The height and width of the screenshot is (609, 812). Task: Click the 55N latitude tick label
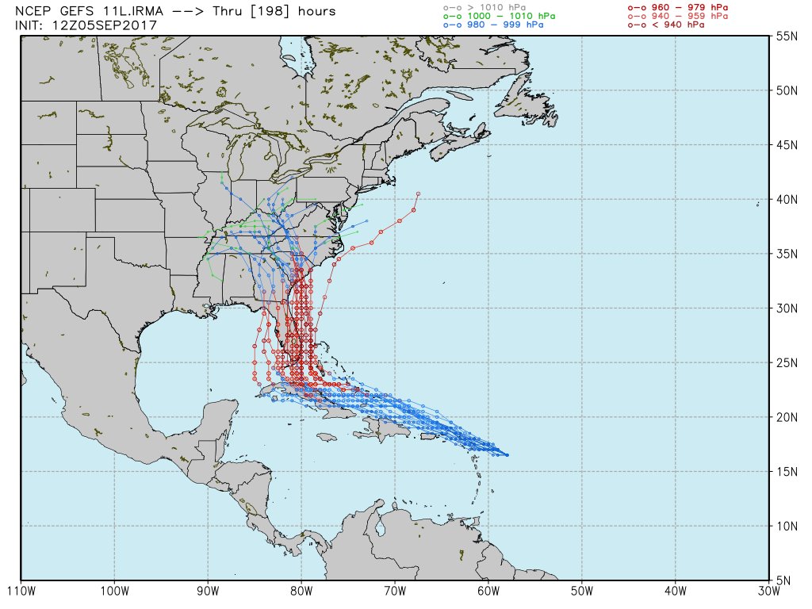[787, 36]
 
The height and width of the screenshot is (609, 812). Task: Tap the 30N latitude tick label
[787, 308]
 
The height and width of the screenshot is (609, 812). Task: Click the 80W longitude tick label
[301, 592]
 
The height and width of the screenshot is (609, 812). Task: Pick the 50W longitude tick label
[582, 592]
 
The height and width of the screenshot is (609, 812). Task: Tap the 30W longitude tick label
[768, 592]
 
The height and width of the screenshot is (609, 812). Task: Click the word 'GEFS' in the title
[81, 11]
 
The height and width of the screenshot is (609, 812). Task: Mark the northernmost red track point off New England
[418, 193]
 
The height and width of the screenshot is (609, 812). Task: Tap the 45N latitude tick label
[787, 145]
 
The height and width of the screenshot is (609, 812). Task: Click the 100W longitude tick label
[114, 592]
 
